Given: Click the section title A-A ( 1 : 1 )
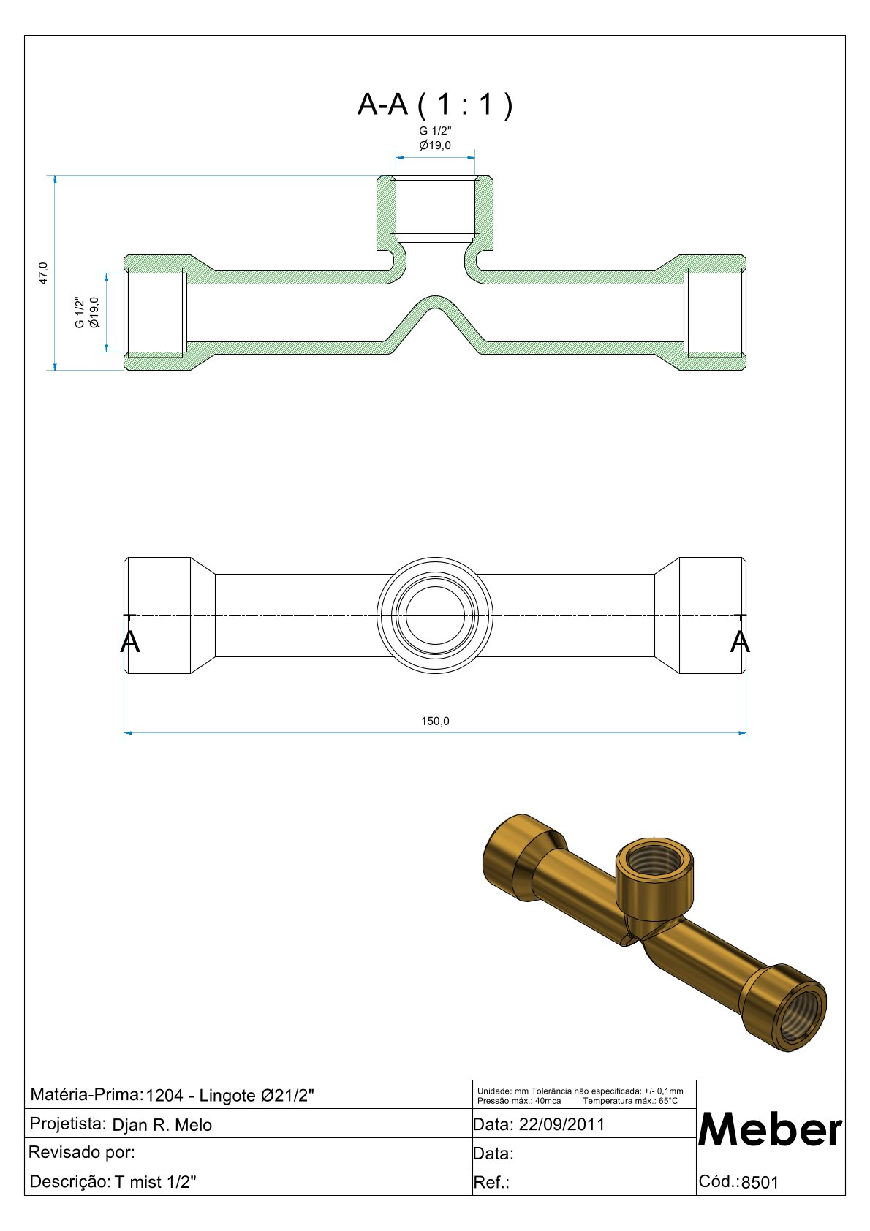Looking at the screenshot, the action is (x=435, y=104).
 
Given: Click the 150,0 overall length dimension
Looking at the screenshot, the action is (x=435, y=721).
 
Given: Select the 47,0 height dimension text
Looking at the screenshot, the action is (x=43, y=273).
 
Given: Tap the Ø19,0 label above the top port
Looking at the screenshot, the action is (x=435, y=145).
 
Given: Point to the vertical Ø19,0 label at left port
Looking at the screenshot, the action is (x=94, y=312).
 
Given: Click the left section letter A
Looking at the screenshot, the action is (x=129, y=641).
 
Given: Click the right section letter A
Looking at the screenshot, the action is (x=740, y=641).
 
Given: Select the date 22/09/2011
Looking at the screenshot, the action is (x=561, y=1124).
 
